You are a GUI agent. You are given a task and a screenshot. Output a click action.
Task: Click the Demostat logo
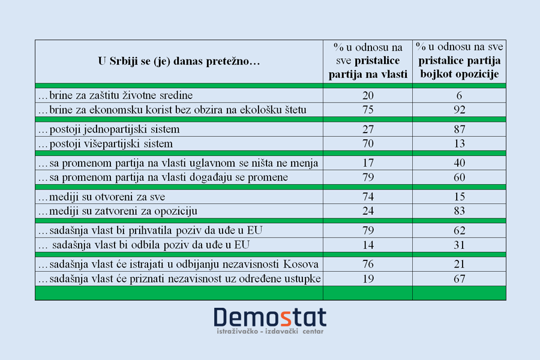pos(270,317)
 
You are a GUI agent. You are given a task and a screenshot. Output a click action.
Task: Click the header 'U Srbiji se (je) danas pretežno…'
pos(179,61)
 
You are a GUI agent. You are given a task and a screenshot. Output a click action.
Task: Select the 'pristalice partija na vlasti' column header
pos(368,61)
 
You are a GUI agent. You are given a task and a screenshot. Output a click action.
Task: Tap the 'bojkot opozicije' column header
pos(459,61)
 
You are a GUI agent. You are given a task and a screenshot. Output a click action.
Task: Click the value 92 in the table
pos(459,110)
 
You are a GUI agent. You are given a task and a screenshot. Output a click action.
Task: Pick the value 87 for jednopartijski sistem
pos(459,129)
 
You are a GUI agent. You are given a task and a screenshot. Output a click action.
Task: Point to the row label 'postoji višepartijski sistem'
pos(106,144)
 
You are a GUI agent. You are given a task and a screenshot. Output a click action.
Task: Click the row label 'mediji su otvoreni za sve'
pos(101,197)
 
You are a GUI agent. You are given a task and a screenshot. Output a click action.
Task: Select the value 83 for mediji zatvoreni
pos(459,211)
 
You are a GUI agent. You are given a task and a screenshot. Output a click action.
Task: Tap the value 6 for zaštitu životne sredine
pos(459,95)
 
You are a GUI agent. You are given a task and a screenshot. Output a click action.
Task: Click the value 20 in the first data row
pos(368,95)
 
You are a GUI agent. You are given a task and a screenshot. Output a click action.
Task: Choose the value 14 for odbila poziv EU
pos(368,245)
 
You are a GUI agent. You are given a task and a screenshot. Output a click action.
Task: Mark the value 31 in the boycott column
pos(459,245)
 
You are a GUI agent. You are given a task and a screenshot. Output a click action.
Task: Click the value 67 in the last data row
pos(459,278)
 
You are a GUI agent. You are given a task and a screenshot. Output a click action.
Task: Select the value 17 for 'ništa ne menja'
pos(368,163)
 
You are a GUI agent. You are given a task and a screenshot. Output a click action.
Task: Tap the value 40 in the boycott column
pos(459,163)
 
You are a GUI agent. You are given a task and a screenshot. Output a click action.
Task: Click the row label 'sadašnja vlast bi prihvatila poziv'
pos(151,230)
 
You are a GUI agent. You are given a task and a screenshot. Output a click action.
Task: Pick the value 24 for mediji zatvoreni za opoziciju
pos(368,211)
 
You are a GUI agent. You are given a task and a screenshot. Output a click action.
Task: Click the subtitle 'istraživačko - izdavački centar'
pos(270,331)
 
